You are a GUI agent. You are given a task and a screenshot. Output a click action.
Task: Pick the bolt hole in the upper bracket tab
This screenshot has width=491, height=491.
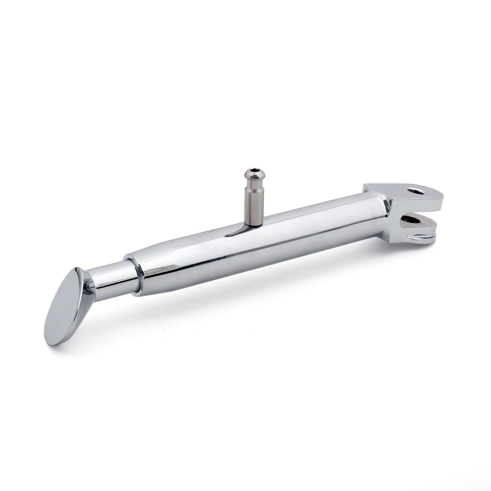(417, 191)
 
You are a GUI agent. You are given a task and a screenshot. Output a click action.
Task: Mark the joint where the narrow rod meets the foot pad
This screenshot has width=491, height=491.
(89, 285)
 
